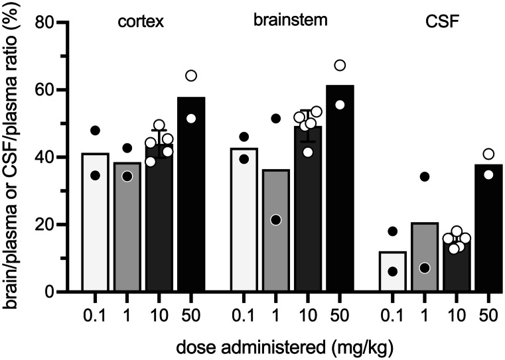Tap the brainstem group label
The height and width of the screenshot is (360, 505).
290,20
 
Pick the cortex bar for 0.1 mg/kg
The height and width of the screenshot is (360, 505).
96,225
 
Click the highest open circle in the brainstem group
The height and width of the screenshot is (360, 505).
340,65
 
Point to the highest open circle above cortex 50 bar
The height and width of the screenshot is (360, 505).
191,76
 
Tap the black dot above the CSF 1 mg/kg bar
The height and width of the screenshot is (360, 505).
425,176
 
